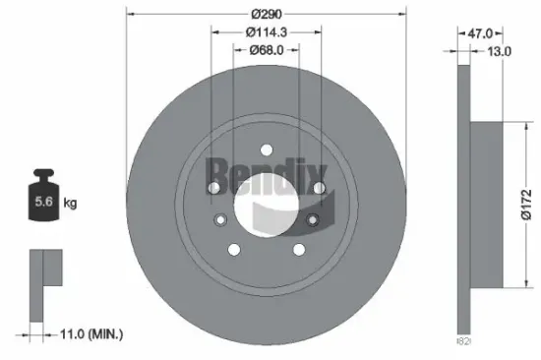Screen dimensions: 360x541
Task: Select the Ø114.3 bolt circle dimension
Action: click(266, 31)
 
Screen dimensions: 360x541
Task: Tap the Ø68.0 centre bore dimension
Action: click(266, 49)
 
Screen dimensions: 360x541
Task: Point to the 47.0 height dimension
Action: click(479, 32)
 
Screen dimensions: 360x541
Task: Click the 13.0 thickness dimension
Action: click(499, 51)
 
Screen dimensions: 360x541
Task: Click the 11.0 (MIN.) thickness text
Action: click(88, 335)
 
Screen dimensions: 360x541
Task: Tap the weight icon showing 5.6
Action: click(45, 203)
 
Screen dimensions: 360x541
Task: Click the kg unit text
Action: click(71, 203)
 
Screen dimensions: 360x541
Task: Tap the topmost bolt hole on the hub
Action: click(266, 150)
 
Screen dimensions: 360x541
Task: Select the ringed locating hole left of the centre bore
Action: click(221, 220)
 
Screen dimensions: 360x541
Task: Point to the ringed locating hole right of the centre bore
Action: click(312, 220)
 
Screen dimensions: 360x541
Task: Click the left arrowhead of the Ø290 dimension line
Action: click(130, 14)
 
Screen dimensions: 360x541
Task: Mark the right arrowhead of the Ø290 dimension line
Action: click(403, 14)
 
